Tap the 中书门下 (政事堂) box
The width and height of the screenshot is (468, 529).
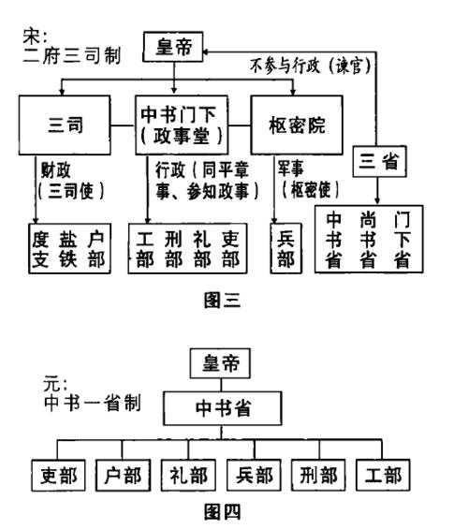pos(190,123)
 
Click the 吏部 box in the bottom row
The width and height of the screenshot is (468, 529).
pos(55,474)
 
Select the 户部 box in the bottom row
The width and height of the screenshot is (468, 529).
pos(120,474)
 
